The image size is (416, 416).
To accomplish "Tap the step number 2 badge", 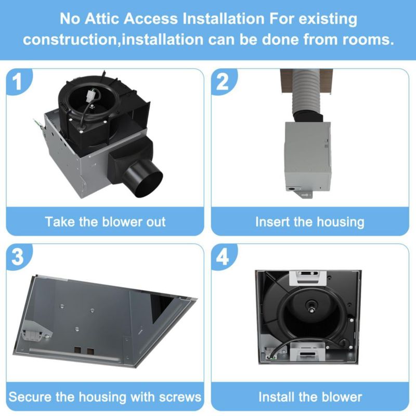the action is (223, 81).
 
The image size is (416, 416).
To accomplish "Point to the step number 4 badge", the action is (223, 256).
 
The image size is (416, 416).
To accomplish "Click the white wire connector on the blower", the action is (90, 95).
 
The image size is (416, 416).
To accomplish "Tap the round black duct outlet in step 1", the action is (144, 178).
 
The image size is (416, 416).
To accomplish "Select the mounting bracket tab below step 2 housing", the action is (307, 194).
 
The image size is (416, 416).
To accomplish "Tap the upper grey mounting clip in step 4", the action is (307, 277).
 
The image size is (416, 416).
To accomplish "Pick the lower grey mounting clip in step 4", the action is (307, 351).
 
